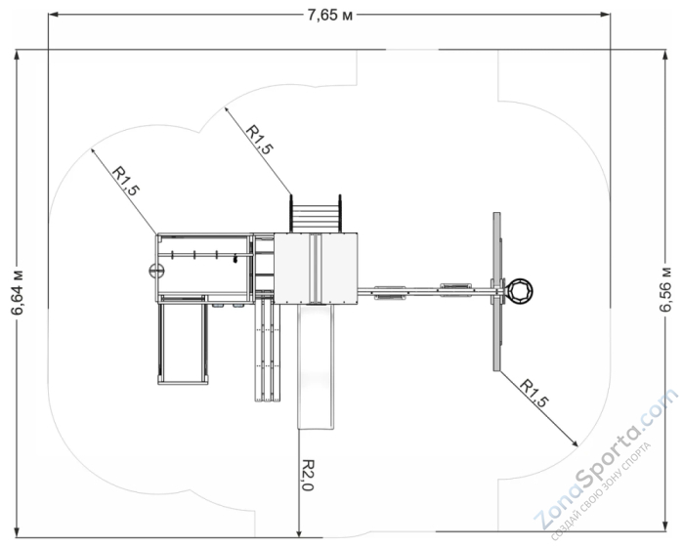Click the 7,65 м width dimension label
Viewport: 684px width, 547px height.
point(329,16)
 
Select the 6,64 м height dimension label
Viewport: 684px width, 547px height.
point(18,293)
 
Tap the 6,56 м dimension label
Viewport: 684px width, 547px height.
point(665,289)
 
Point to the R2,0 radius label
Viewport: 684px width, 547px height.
point(308,475)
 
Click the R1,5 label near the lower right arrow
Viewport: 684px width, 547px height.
point(534,394)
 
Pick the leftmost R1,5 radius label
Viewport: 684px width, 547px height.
point(126,181)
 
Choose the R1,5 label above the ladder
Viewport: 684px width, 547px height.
point(260,140)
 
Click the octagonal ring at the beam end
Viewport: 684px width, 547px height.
point(520,291)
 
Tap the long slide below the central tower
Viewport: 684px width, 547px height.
point(317,366)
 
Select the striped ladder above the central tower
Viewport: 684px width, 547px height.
point(316,214)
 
